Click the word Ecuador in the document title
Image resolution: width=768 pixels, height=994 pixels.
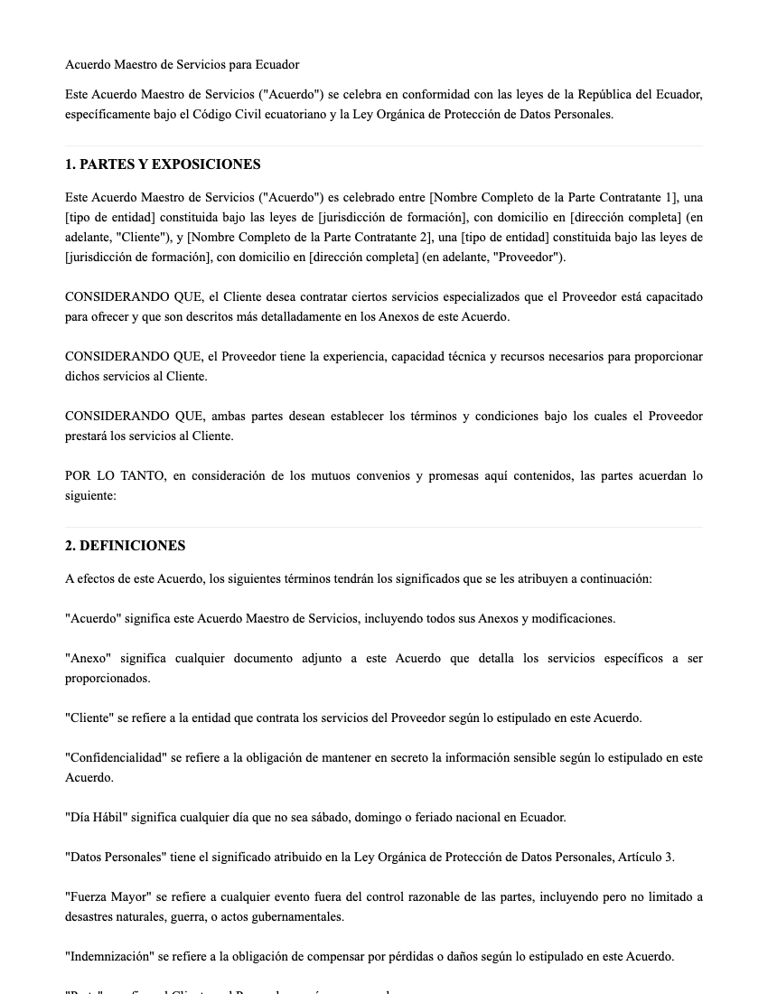coord(276,65)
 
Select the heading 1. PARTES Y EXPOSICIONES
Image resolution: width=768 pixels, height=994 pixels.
coord(163,164)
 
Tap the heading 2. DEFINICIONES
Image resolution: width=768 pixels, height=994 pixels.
coord(125,546)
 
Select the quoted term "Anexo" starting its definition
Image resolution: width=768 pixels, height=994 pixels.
coord(87,659)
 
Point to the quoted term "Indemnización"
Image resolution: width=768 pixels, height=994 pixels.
coord(114,957)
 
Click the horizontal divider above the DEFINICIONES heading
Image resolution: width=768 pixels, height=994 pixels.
coord(384,527)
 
